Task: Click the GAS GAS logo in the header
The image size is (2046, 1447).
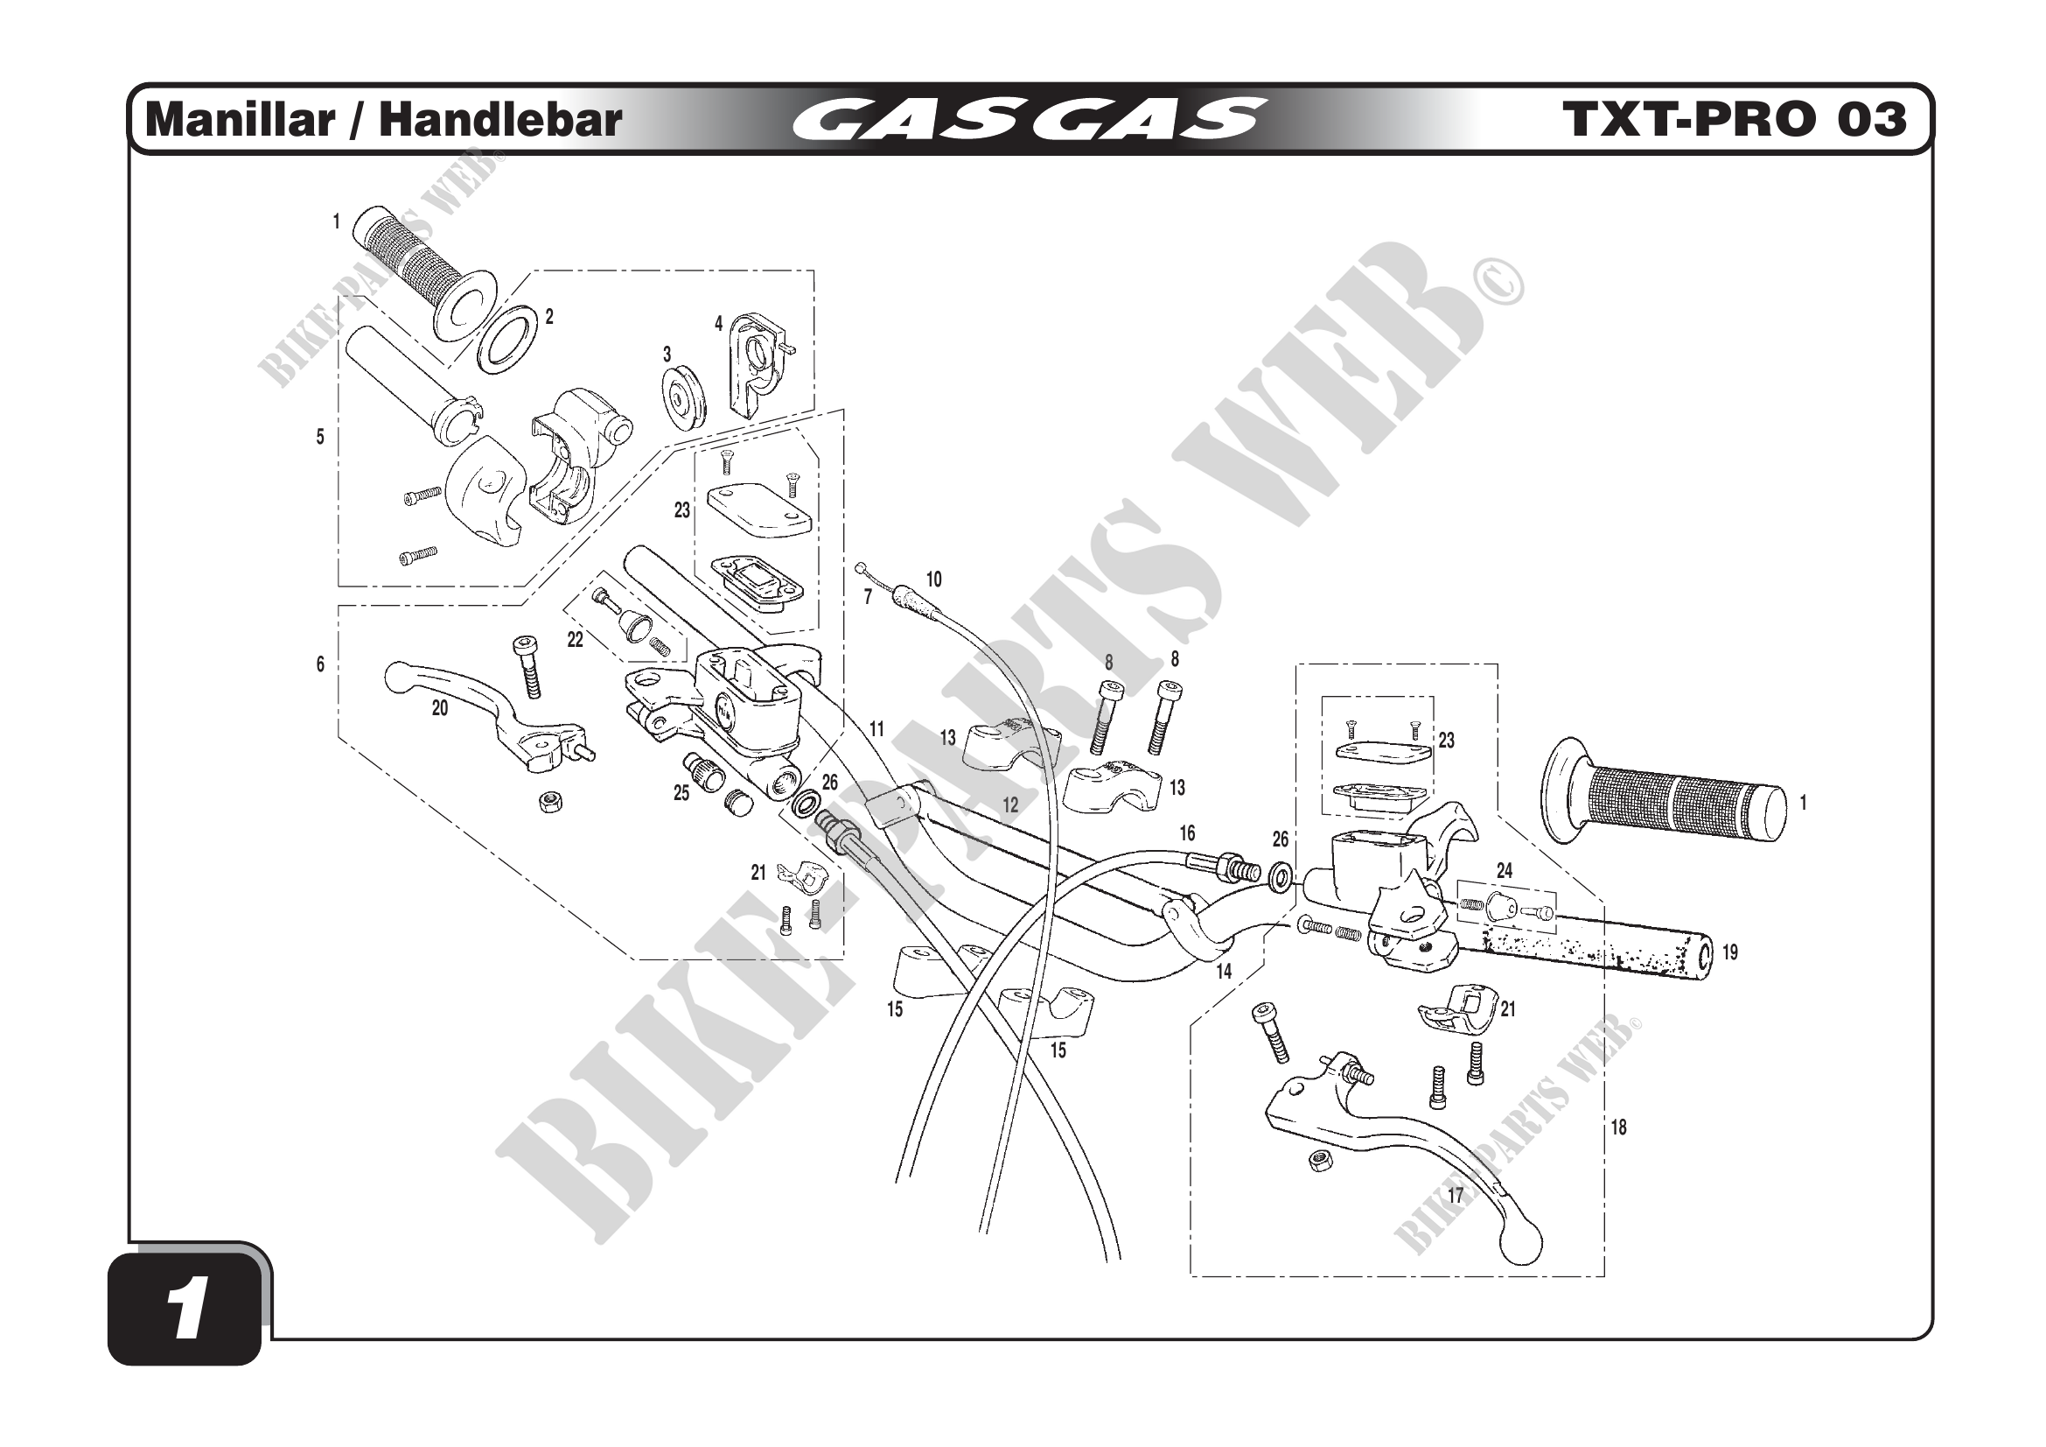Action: tap(1030, 119)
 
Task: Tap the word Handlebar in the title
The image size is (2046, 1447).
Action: tap(500, 119)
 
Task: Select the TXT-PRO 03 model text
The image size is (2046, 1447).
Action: tap(1734, 119)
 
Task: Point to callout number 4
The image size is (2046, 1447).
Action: tap(718, 324)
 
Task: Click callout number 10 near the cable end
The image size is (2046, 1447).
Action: tap(933, 580)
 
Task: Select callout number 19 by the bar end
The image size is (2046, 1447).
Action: tap(1728, 952)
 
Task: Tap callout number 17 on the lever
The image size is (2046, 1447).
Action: tap(1456, 1196)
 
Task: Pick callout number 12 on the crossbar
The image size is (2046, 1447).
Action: tap(1009, 805)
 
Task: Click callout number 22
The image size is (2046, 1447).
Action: tap(575, 639)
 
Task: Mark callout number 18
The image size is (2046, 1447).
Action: tap(1618, 1127)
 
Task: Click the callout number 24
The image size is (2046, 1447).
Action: tap(1505, 870)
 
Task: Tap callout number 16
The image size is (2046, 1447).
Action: tap(1187, 833)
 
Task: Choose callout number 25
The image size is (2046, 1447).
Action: tap(681, 792)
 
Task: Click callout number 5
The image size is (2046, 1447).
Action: tap(320, 437)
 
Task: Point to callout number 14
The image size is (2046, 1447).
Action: tap(1224, 972)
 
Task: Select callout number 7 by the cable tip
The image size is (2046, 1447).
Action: tap(868, 596)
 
